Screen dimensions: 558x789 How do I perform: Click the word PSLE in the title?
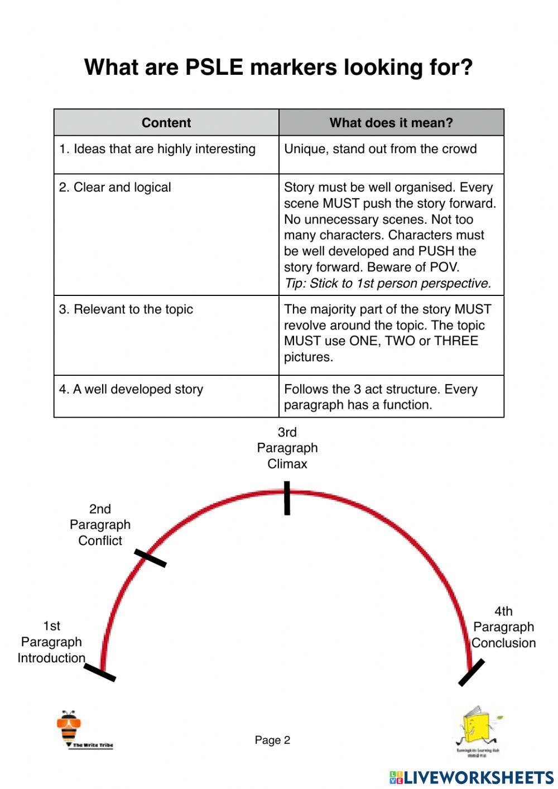pos(214,68)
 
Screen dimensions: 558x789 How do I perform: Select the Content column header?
pos(166,123)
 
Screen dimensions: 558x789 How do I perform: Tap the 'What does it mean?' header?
pos(391,123)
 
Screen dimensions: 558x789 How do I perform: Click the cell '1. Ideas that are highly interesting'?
pos(157,149)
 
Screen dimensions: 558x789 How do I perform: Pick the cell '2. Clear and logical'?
pos(115,188)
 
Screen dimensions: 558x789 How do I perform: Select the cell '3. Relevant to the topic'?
pos(126,309)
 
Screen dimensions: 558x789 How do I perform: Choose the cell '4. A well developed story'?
pos(131,389)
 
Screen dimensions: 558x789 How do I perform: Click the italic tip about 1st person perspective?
pos(388,284)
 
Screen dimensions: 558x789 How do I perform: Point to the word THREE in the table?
pos(456,341)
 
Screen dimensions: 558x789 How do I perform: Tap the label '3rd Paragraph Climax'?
pos(287,448)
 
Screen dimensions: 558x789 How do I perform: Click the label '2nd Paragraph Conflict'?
pos(100,525)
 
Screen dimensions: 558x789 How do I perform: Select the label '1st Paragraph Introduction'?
pos(51,642)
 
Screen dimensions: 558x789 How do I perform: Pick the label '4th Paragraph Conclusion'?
pos(503,627)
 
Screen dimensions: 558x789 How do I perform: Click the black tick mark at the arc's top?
pos(287,498)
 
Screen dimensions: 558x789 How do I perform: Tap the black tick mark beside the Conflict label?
pos(150,558)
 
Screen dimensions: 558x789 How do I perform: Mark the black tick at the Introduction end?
pos(100,673)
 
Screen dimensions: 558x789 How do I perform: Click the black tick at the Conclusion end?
pos(472,673)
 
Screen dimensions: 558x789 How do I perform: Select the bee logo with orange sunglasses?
pos(69,726)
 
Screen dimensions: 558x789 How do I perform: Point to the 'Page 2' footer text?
pos(272,740)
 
